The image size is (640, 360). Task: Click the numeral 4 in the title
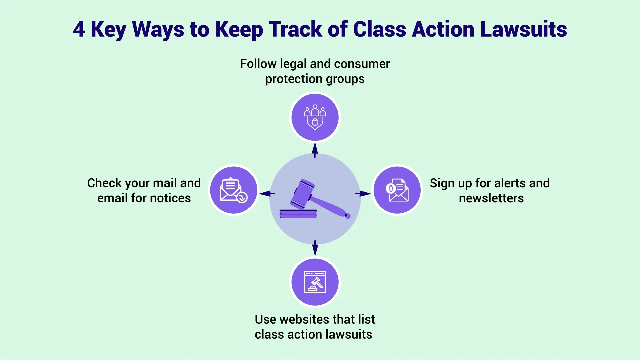point(79,29)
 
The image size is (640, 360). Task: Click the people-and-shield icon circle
point(315,117)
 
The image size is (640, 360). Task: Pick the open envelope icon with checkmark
point(234,190)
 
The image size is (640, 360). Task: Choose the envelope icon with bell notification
point(397,190)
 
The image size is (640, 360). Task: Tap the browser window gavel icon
point(315,282)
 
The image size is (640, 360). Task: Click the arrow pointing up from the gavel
point(315,150)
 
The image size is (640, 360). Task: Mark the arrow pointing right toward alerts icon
point(363,193)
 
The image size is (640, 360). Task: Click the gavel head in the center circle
point(302,194)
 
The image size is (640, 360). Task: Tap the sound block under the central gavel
point(298,214)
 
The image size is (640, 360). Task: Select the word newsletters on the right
point(491,198)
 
